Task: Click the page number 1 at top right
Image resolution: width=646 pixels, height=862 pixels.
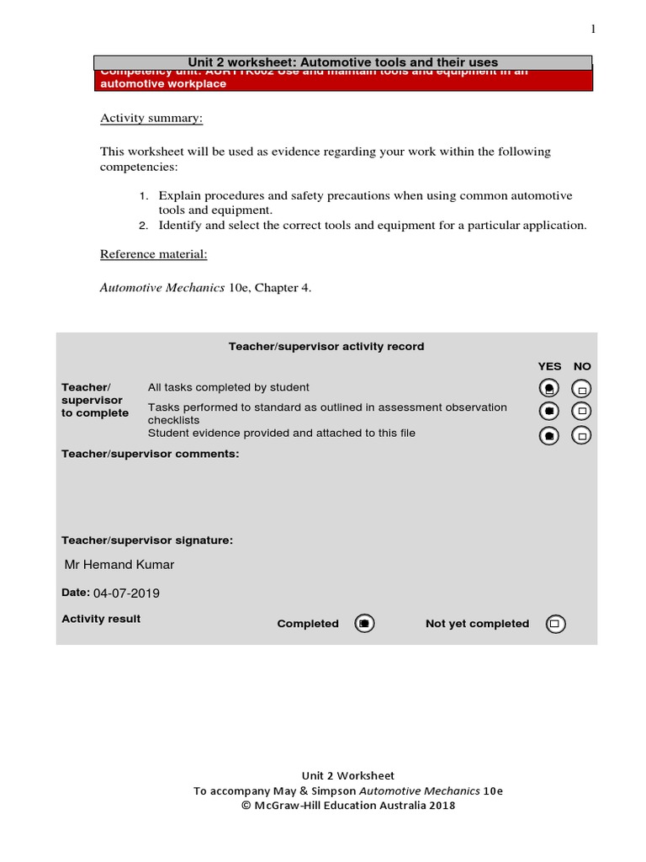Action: [x=592, y=29]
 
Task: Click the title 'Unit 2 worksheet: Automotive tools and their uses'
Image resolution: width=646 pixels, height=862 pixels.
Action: [x=342, y=62]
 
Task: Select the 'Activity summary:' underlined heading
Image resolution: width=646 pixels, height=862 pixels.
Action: [x=151, y=118]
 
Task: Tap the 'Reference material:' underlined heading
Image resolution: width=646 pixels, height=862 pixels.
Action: [x=153, y=254]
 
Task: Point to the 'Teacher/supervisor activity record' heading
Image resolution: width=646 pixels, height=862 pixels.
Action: [x=326, y=346]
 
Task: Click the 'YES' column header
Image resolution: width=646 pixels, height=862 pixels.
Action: [x=549, y=366]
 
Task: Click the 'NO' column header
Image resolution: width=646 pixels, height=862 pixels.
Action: [x=582, y=366]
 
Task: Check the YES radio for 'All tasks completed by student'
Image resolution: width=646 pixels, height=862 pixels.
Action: [x=549, y=389]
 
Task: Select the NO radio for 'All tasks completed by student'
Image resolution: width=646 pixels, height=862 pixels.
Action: [x=582, y=389]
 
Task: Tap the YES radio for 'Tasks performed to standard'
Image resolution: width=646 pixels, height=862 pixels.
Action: [x=549, y=412]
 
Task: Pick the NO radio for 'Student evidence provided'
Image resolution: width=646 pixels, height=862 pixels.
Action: [x=582, y=435]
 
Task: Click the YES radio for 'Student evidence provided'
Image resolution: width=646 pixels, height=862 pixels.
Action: [x=549, y=435]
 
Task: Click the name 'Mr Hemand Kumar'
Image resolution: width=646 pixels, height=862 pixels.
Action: [x=119, y=565]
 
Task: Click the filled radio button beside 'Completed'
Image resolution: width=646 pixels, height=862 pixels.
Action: [x=364, y=624]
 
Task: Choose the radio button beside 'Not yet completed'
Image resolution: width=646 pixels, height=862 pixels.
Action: [x=555, y=624]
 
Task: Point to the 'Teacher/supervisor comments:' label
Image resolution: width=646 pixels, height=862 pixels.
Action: [x=151, y=454]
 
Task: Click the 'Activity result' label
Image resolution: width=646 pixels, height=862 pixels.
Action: [x=101, y=619]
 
